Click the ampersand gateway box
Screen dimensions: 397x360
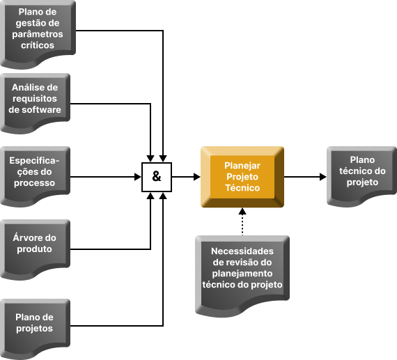tap(157, 177)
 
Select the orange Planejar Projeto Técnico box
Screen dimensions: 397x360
tap(242, 177)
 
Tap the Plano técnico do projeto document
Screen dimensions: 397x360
tap(361, 176)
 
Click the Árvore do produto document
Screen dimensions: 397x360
tap(36, 249)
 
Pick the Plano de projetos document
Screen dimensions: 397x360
tap(36, 329)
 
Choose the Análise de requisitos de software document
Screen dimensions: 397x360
tap(36, 103)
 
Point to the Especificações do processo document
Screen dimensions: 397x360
tap(36, 176)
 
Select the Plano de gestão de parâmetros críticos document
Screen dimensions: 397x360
tap(38, 34)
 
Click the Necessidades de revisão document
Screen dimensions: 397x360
tap(242, 276)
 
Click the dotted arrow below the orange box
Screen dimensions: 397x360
tap(242, 221)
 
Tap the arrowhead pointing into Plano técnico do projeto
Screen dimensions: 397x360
tap(323, 177)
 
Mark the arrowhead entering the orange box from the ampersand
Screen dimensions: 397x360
tap(197, 177)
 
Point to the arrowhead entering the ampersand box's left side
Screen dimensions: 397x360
tap(138, 177)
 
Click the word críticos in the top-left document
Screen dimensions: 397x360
tap(38, 45)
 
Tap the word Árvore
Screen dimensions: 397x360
tap(24, 237)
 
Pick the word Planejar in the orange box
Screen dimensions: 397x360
tap(242, 166)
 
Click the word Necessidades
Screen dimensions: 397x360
tap(242, 251)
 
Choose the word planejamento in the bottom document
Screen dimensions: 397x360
tap(242, 274)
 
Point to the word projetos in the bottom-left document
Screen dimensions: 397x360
tap(34, 329)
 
